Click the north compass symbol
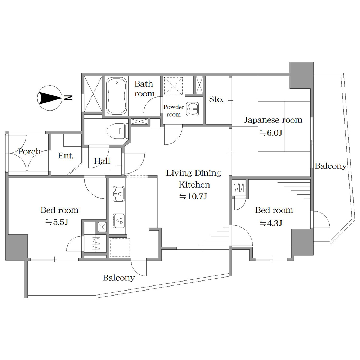[50, 98]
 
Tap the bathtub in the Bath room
[117, 96]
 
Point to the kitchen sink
[119, 194]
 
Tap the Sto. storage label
[216, 99]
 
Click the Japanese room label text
[273, 120]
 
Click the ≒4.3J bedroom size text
[271, 223]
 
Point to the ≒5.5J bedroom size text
[57, 222]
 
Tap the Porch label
[29, 152]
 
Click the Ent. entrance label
[66, 156]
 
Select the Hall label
[102, 161]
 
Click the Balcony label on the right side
[330, 166]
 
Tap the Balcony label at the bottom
[119, 278]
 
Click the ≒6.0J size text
[271, 133]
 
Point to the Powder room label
[174, 111]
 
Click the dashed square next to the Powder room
[174, 86]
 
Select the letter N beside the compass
[68, 98]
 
